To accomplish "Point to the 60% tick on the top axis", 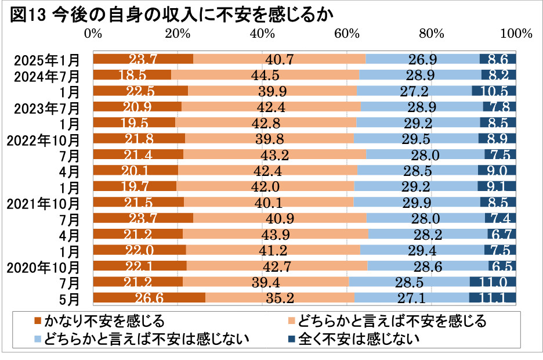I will pos(346,34).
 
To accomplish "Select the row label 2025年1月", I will pos(46,59).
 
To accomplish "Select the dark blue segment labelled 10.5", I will pos(494,91).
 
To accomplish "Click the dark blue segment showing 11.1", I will pos(493,298).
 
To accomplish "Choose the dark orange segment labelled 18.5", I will pos(132,75).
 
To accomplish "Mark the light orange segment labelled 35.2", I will pos(280,298).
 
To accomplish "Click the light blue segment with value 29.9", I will pos(417,203).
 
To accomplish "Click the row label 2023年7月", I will pos(46,107).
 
